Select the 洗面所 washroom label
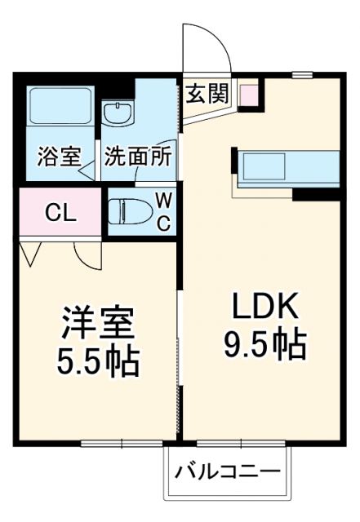pos(137,156)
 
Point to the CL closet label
pos(60,214)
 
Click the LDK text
pos(263,308)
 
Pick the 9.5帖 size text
pos(264,345)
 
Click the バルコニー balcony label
pos(228,473)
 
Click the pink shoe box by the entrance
pos(247,95)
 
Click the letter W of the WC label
pos(162,200)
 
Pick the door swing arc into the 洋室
pos(85,253)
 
